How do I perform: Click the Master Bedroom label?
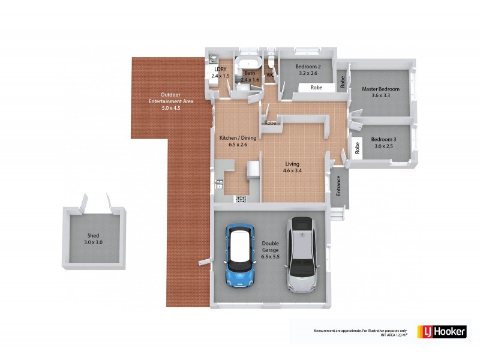380,92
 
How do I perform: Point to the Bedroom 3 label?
380,142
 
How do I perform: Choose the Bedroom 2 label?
310,70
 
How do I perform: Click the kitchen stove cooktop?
241,199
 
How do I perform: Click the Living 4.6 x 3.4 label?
292,167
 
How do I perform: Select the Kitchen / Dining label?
238,141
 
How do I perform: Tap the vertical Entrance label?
338,185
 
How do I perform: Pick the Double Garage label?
270,250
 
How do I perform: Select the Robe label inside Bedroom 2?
316,88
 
